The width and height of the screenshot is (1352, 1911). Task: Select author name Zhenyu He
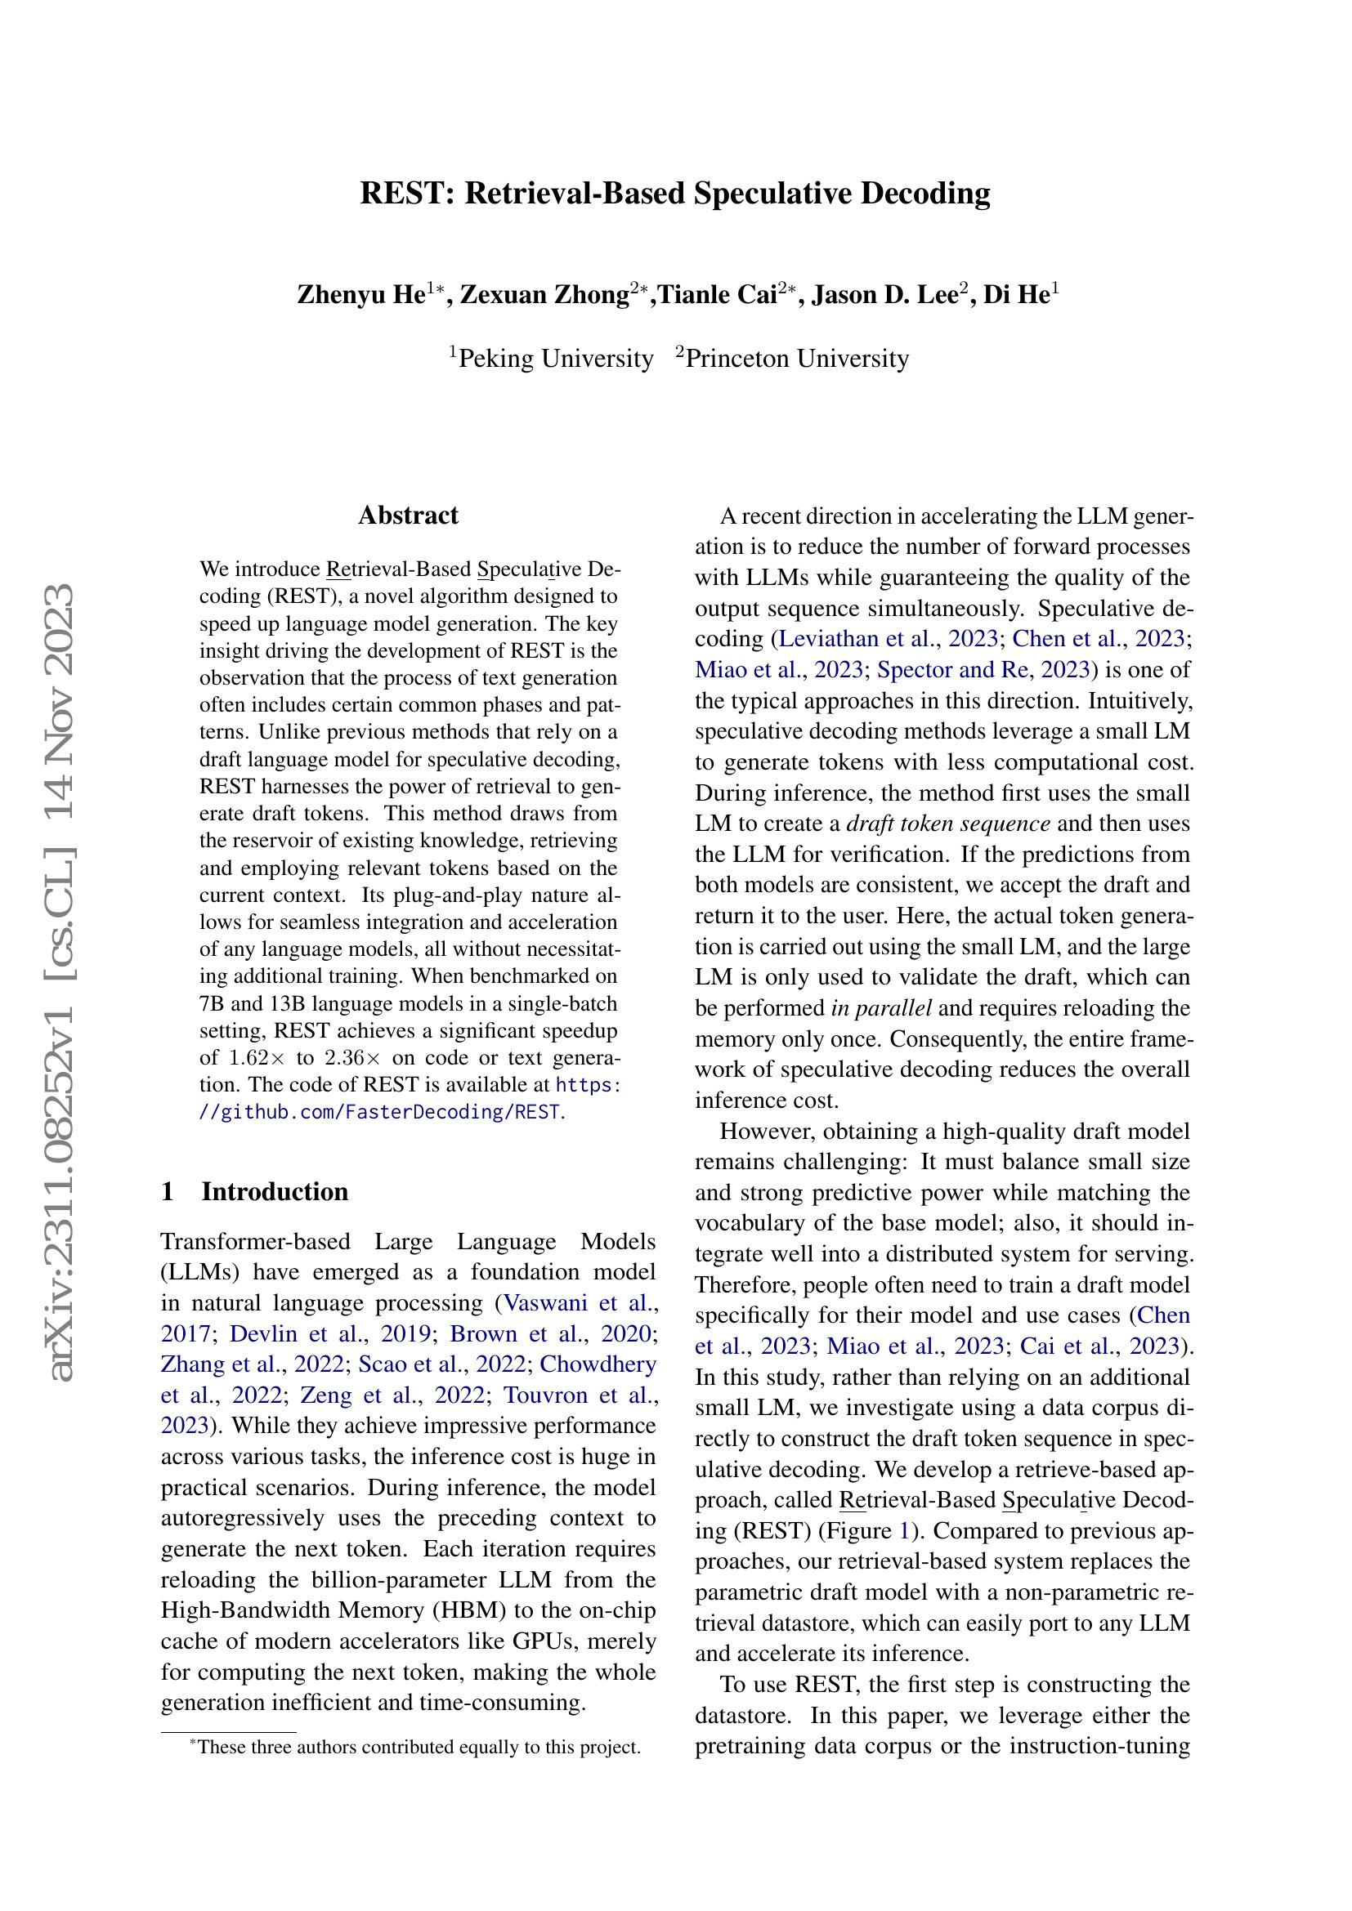(361, 296)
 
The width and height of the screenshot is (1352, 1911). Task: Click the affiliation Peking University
(555, 359)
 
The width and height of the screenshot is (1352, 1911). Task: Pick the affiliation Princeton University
(797, 359)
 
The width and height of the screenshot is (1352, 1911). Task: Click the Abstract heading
(408, 516)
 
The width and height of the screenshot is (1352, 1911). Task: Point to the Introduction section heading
(275, 1191)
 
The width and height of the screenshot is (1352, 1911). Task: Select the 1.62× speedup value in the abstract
(247, 1058)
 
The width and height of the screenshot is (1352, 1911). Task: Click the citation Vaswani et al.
(580, 1302)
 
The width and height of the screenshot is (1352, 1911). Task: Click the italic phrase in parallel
(881, 1008)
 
